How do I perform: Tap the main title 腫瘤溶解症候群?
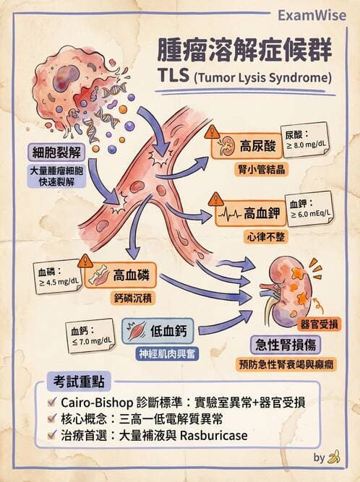(245, 52)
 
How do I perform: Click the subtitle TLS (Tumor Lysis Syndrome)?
(244, 77)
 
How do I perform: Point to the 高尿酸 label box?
(244, 143)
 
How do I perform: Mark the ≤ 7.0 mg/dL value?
(92, 340)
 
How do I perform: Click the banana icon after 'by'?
(333, 457)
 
